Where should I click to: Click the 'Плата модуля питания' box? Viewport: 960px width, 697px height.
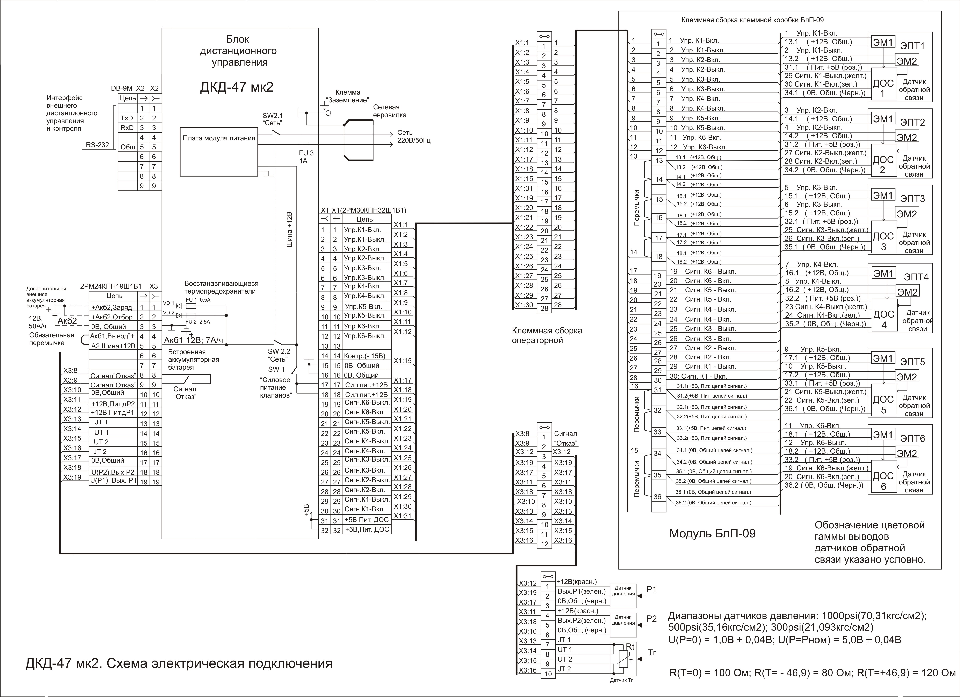[219, 151]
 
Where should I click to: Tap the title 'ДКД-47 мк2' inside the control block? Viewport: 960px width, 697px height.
[237, 87]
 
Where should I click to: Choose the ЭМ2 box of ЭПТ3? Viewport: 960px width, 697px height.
[907, 214]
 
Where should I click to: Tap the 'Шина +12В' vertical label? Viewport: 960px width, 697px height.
[290, 230]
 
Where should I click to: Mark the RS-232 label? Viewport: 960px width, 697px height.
[97, 145]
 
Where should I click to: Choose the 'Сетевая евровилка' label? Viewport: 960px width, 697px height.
[389, 111]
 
